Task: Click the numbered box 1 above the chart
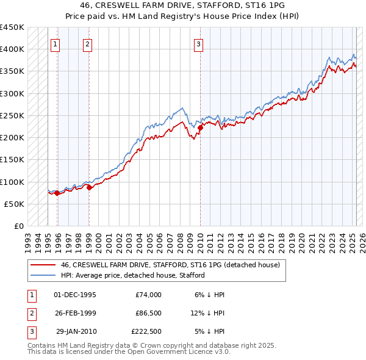[56, 43]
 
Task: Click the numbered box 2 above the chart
[88, 43]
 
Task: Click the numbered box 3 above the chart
[199, 43]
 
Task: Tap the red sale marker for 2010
[200, 128]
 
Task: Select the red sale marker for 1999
[89, 187]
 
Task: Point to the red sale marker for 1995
[57, 193]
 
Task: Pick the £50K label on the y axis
[14, 204]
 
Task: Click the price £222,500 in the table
[146, 331]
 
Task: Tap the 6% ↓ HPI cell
[209, 295]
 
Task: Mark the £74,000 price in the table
[148, 295]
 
